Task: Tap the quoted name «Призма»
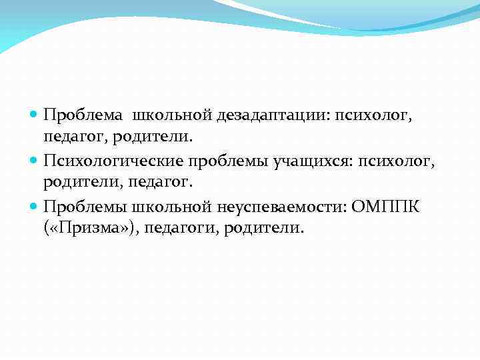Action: tap(90, 228)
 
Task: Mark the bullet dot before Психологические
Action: tap(35, 161)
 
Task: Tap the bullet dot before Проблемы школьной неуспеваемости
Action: tap(35, 205)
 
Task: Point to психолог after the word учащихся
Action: tap(394, 160)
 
